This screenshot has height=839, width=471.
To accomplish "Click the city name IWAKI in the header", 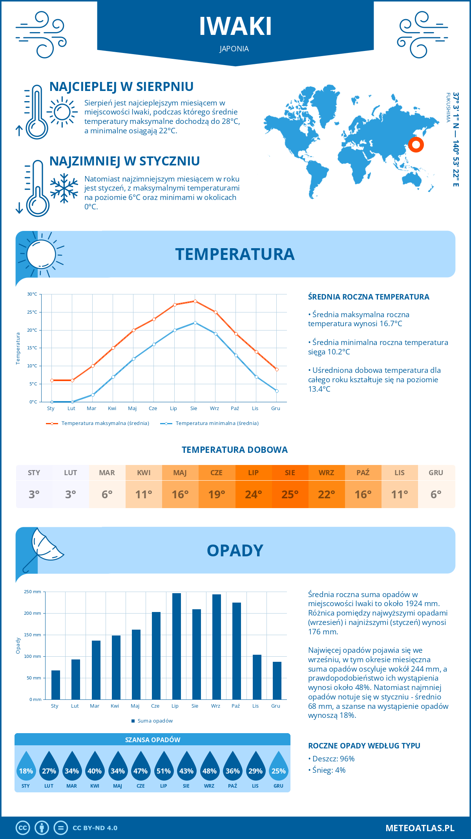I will (x=235, y=27).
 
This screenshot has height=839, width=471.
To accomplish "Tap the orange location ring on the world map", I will (x=416, y=145).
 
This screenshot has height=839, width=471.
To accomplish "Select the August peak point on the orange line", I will (x=195, y=301).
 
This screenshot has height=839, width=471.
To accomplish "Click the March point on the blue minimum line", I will (x=93, y=395).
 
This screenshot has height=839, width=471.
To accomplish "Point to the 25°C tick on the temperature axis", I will (x=32, y=312).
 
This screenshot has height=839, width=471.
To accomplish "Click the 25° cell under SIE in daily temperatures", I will (x=290, y=494).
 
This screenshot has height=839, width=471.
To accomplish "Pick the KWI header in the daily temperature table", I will (x=144, y=473).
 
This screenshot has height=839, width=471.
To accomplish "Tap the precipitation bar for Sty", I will (x=56, y=685).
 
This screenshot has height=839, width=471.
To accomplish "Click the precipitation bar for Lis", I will (x=257, y=677).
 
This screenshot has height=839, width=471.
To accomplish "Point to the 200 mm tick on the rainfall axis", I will (x=33, y=613).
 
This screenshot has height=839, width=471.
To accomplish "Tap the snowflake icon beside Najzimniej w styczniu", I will (x=64, y=189).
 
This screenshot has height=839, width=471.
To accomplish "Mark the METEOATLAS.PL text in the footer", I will (x=420, y=828).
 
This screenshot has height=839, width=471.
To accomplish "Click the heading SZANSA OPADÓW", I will (x=153, y=740).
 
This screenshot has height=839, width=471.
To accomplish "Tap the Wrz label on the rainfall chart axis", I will (x=215, y=706).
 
